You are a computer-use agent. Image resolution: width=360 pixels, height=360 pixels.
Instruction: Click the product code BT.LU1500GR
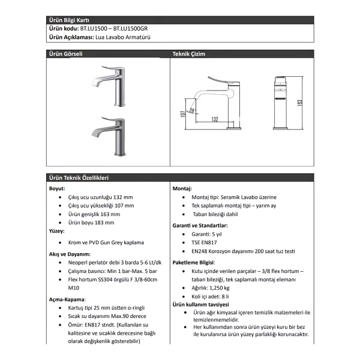pos(130,29)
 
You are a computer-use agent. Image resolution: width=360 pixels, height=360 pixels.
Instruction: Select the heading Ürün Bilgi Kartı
pos(69,20)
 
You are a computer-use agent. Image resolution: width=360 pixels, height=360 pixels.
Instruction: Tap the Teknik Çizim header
pos(189,54)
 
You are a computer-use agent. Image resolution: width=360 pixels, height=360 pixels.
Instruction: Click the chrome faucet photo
pos(109,86)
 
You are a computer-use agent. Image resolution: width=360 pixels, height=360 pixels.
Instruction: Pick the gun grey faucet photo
pos(109,137)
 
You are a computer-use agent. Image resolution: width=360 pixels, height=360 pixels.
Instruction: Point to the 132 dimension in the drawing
pos(215,119)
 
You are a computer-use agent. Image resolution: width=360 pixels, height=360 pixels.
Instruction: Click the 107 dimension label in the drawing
pos(183,114)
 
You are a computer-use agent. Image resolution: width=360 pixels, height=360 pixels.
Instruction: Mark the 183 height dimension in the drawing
pos(299,103)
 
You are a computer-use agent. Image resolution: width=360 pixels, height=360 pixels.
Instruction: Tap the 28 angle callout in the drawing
pos(192,111)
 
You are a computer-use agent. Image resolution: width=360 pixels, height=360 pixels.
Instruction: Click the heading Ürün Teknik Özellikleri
pos(79,178)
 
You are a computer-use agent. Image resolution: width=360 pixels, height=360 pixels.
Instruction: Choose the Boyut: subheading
pos(57,189)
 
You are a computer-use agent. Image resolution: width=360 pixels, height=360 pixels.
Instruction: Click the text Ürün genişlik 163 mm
pos(94,214)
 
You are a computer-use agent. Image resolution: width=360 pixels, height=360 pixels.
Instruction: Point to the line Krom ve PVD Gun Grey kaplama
pos(106,242)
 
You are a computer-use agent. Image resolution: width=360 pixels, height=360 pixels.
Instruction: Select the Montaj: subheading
pos(182,189)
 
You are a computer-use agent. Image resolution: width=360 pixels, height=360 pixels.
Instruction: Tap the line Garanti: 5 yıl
pos(206,234)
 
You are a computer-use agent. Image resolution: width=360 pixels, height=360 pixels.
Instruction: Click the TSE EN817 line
pos(204,242)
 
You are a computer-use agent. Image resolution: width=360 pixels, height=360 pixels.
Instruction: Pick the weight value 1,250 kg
pos(219,288)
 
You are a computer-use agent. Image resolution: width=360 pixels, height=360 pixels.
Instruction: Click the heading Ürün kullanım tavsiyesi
pos(200,305)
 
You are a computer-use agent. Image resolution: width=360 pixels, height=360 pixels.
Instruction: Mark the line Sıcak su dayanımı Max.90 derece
pos(107,316)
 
